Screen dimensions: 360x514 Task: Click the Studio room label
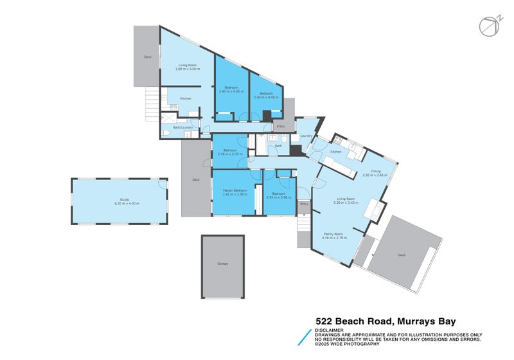point(120,200)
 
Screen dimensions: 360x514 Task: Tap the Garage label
point(222,264)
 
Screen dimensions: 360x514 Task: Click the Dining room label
point(376,171)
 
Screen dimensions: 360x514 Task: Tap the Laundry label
point(306,136)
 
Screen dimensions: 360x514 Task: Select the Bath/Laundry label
point(182,127)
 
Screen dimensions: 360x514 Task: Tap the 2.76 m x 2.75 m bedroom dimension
point(229,155)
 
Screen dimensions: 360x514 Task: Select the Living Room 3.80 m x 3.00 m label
point(186,67)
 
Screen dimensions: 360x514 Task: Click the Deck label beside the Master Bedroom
point(196,180)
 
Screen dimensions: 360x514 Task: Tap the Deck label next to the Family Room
point(402,255)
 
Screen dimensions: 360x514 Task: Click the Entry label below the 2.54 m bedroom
point(304,204)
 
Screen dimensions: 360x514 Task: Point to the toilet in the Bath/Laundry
point(166,132)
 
